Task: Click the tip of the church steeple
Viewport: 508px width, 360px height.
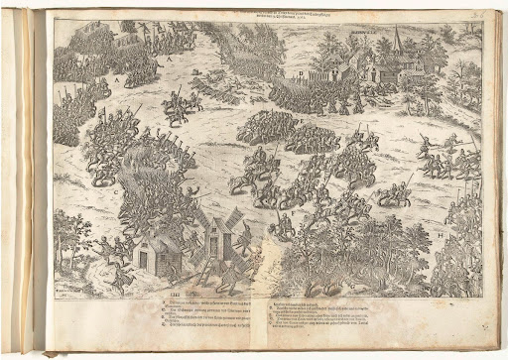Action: tap(396, 29)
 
